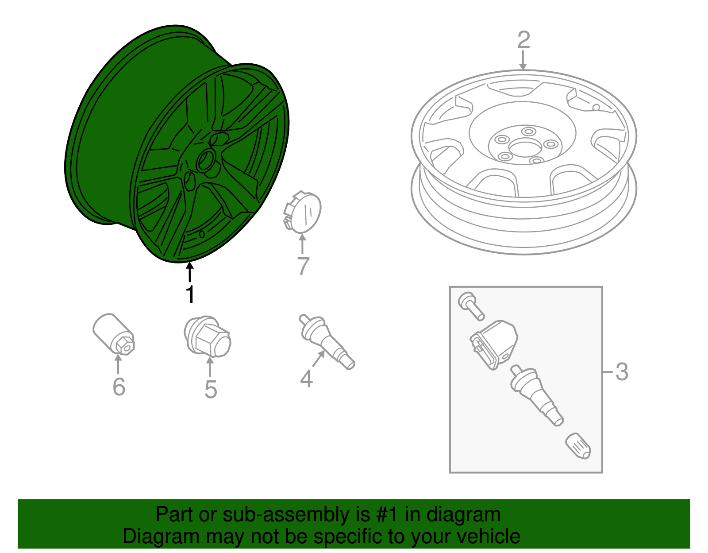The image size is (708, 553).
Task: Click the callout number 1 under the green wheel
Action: [x=190, y=294]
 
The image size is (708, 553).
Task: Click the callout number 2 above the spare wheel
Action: [x=523, y=40]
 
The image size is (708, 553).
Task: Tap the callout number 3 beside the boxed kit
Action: [x=622, y=371]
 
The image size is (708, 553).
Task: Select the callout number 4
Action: [x=306, y=379]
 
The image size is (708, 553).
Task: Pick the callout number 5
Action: [x=211, y=389]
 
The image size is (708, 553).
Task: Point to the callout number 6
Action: [x=119, y=387]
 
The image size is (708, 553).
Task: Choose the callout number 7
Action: [x=304, y=266]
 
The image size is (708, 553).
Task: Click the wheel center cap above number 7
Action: [x=302, y=212]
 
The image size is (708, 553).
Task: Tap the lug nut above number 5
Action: [x=207, y=336]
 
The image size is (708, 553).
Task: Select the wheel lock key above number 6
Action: [x=114, y=334]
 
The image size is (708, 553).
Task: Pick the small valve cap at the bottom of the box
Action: [x=578, y=446]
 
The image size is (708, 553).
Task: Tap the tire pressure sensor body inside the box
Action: [x=494, y=345]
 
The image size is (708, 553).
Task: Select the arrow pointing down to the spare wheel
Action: [x=523, y=60]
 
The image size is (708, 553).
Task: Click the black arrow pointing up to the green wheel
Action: [x=190, y=272]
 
